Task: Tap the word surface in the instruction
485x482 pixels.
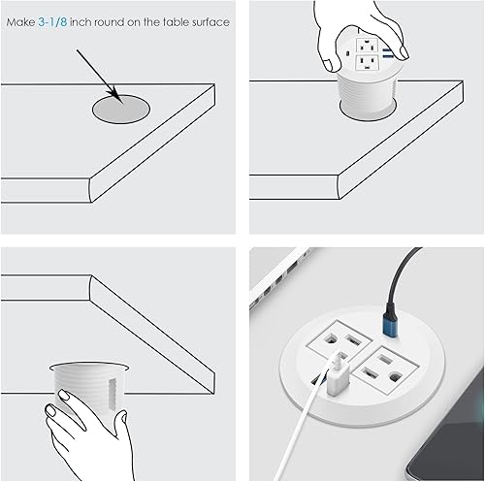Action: click(210, 20)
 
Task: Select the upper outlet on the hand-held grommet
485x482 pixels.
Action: click(365, 45)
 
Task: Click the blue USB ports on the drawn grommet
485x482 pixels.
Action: click(388, 50)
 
